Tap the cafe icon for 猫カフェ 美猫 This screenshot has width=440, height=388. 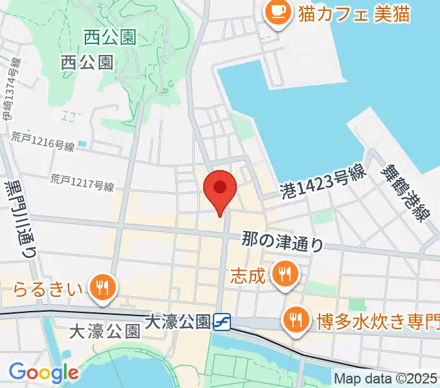tap(279, 12)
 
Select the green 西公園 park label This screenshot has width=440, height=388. tap(109, 38)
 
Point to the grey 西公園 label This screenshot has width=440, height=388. tap(87, 62)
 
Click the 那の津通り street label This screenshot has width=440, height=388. tap(283, 240)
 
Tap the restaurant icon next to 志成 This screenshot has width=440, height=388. tap(283, 274)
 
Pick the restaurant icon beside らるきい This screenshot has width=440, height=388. tap(102, 285)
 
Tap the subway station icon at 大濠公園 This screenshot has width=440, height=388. tap(222, 321)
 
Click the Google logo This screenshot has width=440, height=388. tap(43, 372)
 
